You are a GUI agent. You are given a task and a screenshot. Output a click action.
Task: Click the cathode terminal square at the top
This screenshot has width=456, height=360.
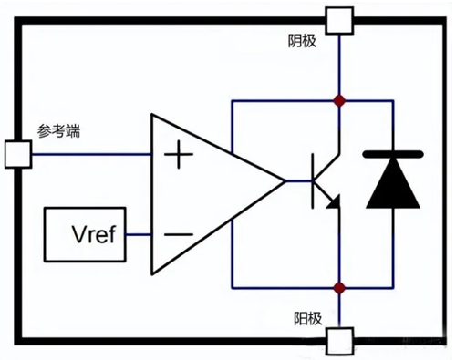(x=339, y=18)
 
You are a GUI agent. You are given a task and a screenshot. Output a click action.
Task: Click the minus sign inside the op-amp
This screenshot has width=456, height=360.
(x=178, y=234)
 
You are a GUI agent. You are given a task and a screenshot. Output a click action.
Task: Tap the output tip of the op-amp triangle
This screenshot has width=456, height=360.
(x=284, y=182)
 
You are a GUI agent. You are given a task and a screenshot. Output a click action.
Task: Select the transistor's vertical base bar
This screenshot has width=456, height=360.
(x=314, y=181)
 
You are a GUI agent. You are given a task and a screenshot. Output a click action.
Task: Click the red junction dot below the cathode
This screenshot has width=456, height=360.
(x=339, y=100)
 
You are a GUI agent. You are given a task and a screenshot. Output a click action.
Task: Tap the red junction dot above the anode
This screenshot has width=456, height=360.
(x=339, y=287)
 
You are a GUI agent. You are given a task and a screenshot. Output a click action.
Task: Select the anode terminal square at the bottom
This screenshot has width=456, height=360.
(x=339, y=343)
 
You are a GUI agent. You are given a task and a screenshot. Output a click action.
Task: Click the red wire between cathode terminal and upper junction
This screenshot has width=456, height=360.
(x=339, y=64)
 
